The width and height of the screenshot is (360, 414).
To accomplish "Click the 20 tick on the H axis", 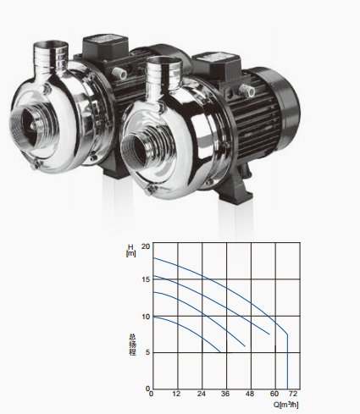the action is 147,246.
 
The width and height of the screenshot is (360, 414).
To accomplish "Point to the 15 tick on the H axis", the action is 147,279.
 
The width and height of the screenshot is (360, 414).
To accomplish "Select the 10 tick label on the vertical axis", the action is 147,317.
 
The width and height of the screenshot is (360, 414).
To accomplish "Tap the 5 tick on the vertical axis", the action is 148,353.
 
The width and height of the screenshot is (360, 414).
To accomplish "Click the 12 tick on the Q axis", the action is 177,394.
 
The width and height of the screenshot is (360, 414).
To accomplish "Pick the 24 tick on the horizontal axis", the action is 202,394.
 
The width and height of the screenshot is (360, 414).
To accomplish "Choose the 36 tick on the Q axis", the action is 225,394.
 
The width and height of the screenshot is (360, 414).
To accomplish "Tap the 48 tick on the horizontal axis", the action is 250,394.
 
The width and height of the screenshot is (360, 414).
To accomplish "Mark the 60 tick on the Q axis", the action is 274,394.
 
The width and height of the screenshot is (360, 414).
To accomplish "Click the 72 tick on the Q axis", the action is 293,394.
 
